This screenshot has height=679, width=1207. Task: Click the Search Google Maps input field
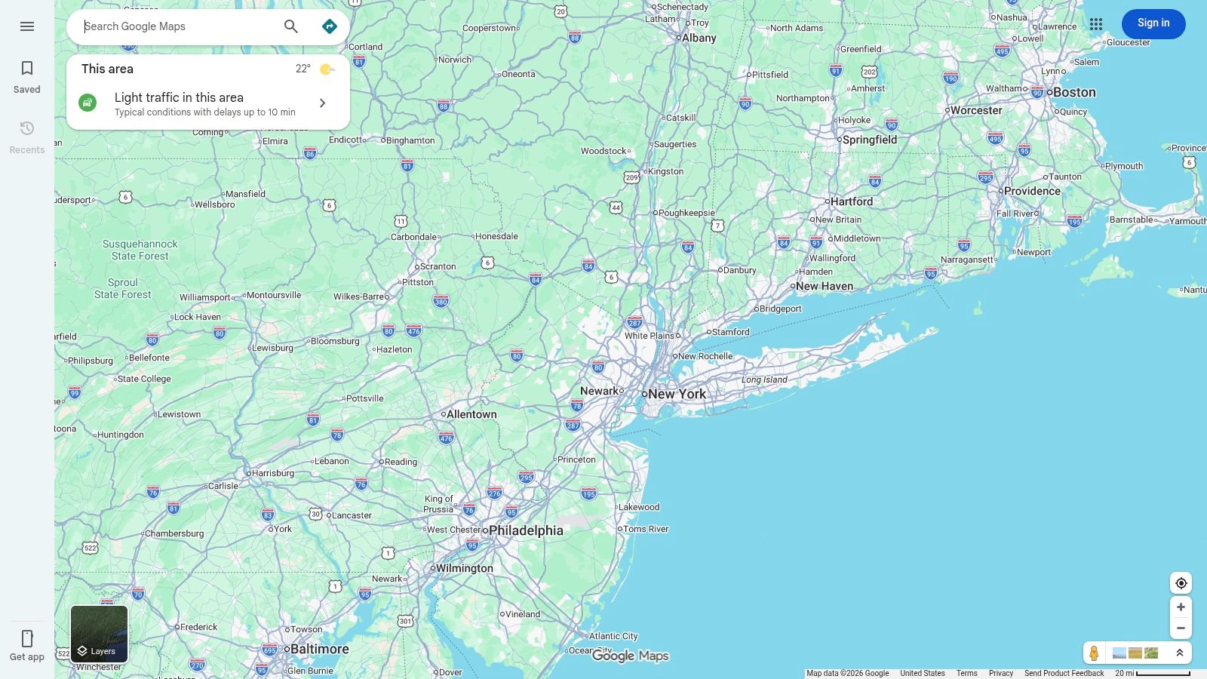tap(177, 26)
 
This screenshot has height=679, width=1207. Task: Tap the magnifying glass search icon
tap(291, 26)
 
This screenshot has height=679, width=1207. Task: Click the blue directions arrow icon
tap(330, 26)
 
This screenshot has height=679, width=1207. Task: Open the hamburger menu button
tap(27, 26)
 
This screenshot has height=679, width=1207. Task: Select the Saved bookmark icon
tap(27, 69)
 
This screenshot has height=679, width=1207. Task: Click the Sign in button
tap(1153, 23)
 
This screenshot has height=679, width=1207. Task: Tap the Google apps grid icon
tap(1096, 25)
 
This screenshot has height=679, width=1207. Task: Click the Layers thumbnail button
tap(99, 634)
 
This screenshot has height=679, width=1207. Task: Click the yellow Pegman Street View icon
tap(1094, 653)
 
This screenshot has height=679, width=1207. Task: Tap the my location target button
tap(1181, 583)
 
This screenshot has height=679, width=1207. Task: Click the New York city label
tap(677, 394)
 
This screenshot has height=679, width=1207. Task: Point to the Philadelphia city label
tap(526, 530)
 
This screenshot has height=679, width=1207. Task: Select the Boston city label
tap(1074, 92)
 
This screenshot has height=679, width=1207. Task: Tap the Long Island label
tap(764, 379)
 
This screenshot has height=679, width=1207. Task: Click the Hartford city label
tap(852, 201)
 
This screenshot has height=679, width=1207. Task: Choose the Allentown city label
tap(471, 414)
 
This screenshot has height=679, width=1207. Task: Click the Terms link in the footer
tap(966, 673)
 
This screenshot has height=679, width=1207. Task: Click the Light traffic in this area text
tap(179, 97)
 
